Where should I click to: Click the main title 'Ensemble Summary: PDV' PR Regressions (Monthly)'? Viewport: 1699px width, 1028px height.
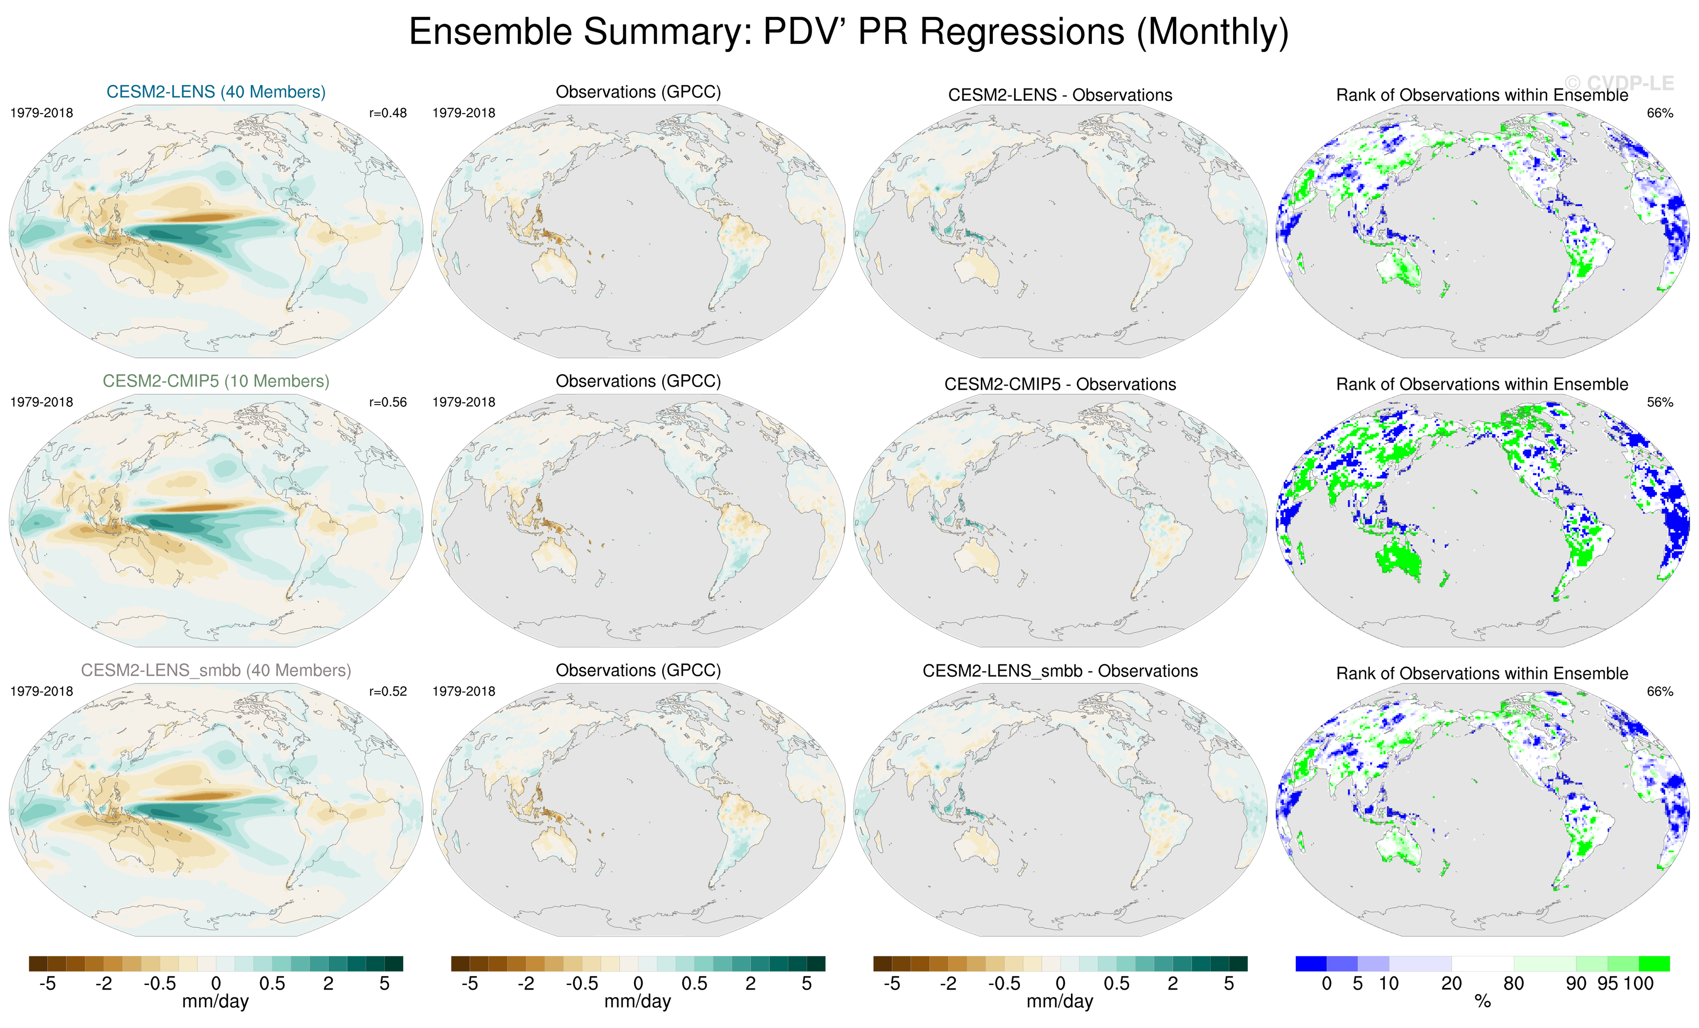[848, 33]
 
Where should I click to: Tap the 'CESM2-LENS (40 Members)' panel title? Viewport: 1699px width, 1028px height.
[216, 92]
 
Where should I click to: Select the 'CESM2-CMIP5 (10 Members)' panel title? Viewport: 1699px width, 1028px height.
[216, 381]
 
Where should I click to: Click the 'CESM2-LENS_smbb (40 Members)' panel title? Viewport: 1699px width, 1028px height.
[216, 670]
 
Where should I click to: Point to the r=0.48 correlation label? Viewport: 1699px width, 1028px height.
[387, 113]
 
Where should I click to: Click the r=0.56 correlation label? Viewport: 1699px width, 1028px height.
[387, 402]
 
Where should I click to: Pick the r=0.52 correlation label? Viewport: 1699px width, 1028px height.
[387, 691]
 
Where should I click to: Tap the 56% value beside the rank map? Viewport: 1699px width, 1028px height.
[1659, 402]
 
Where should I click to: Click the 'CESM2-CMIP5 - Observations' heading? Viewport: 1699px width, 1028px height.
[1060, 384]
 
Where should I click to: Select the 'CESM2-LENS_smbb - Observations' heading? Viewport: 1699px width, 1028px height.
[1060, 671]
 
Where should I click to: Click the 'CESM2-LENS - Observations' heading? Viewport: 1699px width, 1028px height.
[1060, 95]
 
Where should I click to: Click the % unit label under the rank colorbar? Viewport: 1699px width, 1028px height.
[1482, 1002]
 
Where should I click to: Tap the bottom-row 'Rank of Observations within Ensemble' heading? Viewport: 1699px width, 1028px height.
[1482, 674]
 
